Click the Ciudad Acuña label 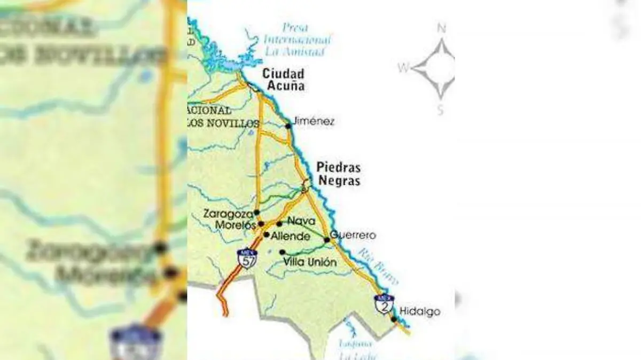[x=283, y=79]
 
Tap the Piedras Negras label [x=338, y=174]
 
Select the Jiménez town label [x=314, y=122]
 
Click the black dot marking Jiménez [x=288, y=126]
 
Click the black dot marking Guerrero [x=327, y=240]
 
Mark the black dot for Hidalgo [x=394, y=319]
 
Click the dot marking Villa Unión [x=282, y=252]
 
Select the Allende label [x=291, y=236]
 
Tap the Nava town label [x=298, y=221]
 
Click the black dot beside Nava [x=279, y=224]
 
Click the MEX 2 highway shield [x=384, y=304]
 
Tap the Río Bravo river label [x=378, y=265]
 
